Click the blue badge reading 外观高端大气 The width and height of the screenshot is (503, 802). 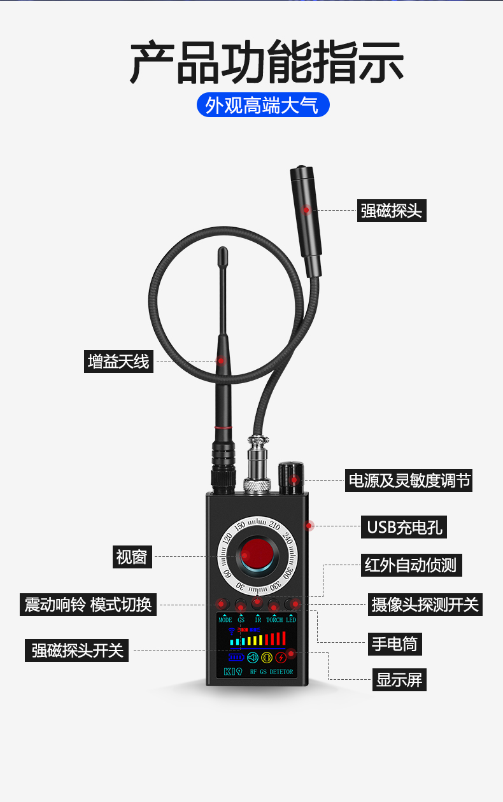[263, 104]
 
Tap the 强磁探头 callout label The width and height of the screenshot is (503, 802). [392, 211]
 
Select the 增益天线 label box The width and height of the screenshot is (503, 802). [118, 362]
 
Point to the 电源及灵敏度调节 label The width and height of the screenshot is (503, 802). [408, 481]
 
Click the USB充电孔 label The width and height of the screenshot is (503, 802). [404, 527]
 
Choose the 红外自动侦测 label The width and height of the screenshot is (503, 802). [411, 565]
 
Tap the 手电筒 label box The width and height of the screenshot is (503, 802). [395, 644]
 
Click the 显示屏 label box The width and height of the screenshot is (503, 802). [399, 680]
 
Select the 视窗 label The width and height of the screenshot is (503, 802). [132, 557]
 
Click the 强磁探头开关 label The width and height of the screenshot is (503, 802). [76, 651]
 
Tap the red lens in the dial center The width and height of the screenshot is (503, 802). [257, 554]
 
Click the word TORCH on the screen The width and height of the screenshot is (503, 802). [274, 620]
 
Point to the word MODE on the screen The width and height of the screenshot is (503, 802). [225, 620]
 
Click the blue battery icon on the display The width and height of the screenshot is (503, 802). [236, 658]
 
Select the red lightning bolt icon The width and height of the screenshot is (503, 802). [281, 658]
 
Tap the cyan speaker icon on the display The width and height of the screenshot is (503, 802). [253, 658]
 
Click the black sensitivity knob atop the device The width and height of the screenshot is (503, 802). [291, 478]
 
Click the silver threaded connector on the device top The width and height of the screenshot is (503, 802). [257, 464]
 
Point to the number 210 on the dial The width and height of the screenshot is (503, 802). [274, 526]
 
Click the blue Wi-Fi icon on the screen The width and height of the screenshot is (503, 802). [232, 631]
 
